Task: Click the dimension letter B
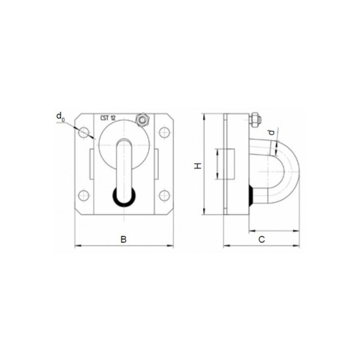pos(123,239)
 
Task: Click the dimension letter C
pos(261,239)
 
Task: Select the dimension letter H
pos(198,166)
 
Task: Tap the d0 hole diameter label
pos(61,117)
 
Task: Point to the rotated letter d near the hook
pos(272,132)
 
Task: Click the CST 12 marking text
pos(108,118)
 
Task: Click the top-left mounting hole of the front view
pos(84,132)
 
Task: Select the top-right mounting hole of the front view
pos(165,132)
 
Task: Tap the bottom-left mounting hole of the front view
pos(84,196)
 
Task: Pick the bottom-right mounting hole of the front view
pos(165,196)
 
